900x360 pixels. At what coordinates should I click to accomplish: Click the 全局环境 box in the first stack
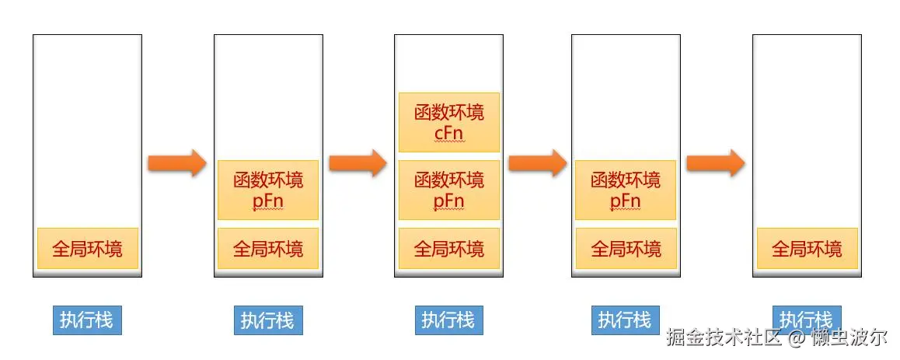[x=87, y=249]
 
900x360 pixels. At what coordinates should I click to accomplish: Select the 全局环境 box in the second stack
[x=268, y=249]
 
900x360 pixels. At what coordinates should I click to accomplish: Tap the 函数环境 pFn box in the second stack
[x=268, y=190]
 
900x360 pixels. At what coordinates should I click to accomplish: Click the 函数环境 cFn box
[x=448, y=122]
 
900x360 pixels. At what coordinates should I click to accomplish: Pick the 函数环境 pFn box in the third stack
[x=448, y=190]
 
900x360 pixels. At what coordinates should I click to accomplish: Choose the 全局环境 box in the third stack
[x=448, y=249]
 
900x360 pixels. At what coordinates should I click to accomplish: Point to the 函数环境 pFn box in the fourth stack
[x=626, y=190]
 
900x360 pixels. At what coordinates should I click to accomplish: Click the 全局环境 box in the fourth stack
[x=626, y=249]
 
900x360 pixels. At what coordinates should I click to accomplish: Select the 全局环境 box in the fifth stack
[x=807, y=249]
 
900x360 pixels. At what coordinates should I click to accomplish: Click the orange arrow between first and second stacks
[x=177, y=163]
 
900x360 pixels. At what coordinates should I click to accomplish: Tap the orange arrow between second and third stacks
[x=358, y=163]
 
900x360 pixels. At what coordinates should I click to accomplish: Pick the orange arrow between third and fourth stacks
[x=537, y=163]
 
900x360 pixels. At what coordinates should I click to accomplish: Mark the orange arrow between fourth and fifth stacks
[x=716, y=163]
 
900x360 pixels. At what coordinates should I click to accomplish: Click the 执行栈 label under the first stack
[x=87, y=320]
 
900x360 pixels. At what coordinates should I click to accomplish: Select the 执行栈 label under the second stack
[x=268, y=320]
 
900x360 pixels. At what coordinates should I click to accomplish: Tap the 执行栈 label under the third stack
[x=448, y=320]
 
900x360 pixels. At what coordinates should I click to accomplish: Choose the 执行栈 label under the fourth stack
[x=624, y=320]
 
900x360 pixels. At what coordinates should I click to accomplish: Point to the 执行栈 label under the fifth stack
[x=807, y=319]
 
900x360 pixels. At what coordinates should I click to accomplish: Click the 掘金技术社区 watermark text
[x=723, y=338]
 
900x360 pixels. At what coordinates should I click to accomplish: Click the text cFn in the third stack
[x=448, y=133]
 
